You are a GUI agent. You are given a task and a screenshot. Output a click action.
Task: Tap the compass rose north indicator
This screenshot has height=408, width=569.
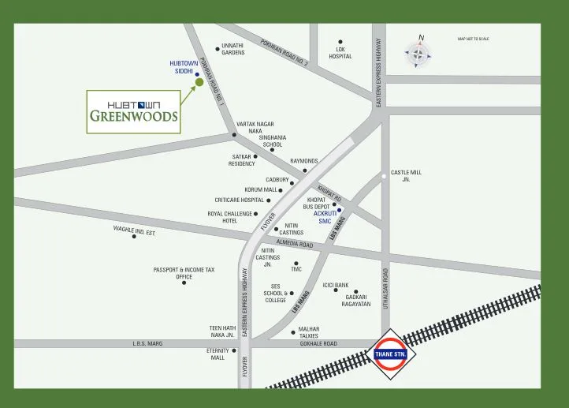coord(419,54)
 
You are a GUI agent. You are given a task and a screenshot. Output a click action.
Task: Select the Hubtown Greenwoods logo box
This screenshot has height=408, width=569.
coord(133,111)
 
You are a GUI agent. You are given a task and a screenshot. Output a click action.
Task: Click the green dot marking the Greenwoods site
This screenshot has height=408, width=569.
coord(199,81)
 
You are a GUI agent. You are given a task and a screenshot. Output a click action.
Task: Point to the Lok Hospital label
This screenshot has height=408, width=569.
coord(340,53)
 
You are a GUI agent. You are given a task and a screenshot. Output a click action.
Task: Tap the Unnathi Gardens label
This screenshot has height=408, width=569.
coord(233,49)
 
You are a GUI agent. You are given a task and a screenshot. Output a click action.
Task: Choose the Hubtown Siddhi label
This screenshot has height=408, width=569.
coord(183,67)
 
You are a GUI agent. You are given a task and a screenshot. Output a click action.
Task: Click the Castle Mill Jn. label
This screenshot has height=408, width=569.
coord(406,176)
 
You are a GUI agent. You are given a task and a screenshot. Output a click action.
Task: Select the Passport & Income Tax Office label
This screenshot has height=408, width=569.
coord(184,273)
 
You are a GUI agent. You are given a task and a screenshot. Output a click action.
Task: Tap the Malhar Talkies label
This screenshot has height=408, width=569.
coord(308,332)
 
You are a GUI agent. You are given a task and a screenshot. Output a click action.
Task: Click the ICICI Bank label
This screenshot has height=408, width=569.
coord(336,285)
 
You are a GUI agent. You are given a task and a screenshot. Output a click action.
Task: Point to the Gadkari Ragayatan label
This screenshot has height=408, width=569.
coord(356,300)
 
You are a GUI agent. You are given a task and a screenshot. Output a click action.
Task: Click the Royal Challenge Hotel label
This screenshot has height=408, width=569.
coord(229,217)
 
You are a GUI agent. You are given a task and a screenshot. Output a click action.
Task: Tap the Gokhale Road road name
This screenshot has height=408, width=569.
coord(318,344)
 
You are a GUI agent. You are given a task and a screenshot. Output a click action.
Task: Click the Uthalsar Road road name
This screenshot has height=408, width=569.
coord(386,289)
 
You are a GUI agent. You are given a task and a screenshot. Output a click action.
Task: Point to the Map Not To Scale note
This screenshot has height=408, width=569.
coord(473,39)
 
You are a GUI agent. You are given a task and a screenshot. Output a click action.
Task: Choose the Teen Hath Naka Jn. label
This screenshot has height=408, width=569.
coord(222,331)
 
